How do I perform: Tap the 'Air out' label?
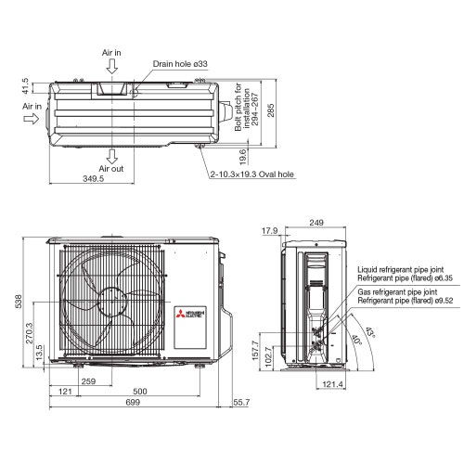[x=111, y=169]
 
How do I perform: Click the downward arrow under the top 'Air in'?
[x=111, y=68]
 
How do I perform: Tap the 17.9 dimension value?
[x=270, y=230]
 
